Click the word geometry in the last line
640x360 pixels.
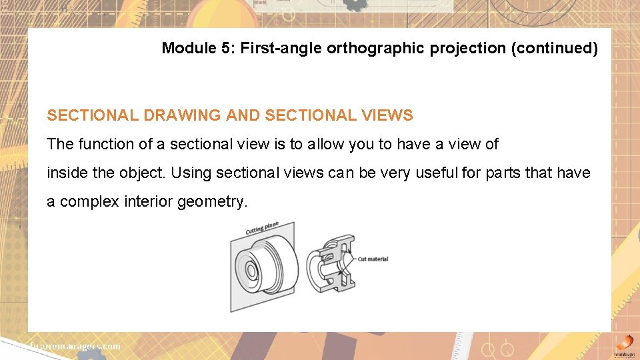tap(213, 201)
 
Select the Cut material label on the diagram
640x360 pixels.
tap(373, 259)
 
